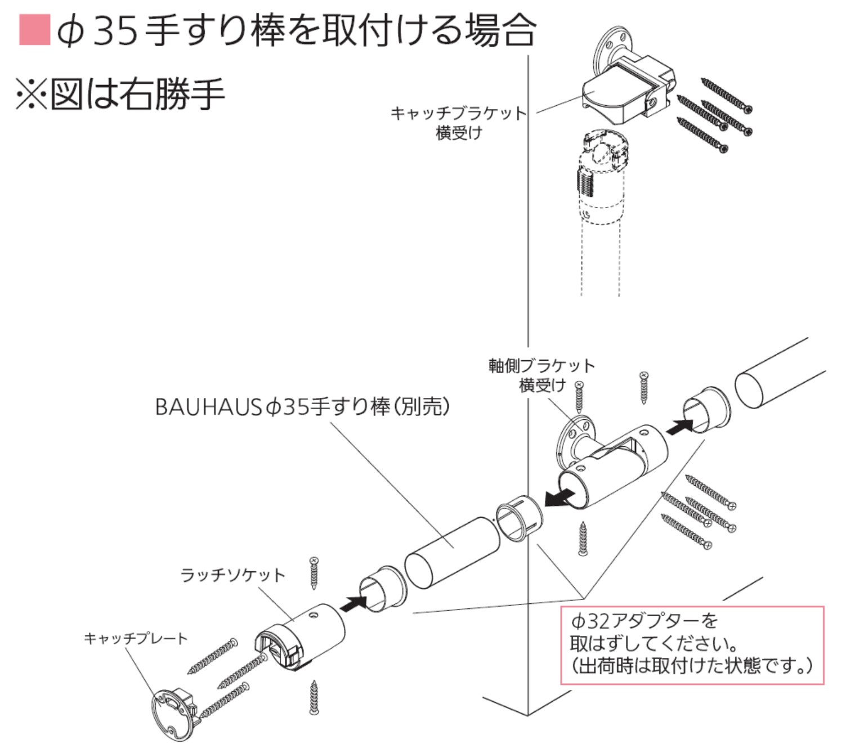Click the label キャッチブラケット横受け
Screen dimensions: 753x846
pyautogui.click(x=459, y=123)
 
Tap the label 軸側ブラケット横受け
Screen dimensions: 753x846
pyautogui.click(x=541, y=375)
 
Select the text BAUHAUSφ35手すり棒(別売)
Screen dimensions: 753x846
pyautogui.click(x=302, y=406)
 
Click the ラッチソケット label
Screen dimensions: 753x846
pyautogui.click(x=232, y=575)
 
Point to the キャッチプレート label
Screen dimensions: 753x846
pyautogui.click(x=136, y=638)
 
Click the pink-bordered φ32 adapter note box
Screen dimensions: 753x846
pyautogui.click(x=692, y=645)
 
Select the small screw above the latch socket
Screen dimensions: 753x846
pyautogui.click(x=314, y=573)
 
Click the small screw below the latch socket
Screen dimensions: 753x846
pyautogui.click(x=314, y=697)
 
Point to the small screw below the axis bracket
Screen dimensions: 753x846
pyautogui.click(x=583, y=539)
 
